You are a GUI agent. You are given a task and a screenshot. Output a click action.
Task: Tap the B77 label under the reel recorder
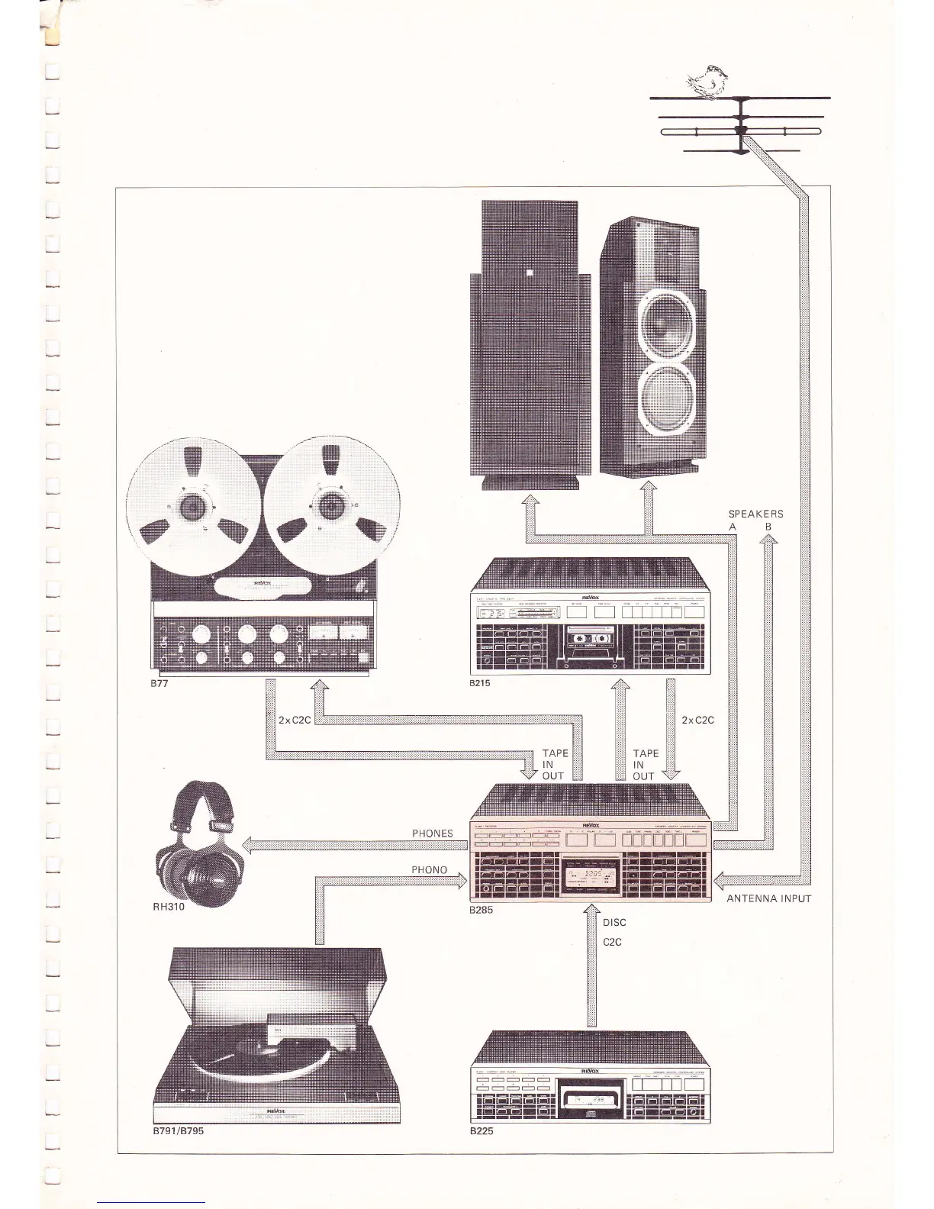click(x=158, y=683)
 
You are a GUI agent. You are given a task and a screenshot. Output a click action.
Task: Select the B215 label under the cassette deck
click(x=480, y=683)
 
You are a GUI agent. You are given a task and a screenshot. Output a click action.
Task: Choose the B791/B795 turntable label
click(x=178, y=1132)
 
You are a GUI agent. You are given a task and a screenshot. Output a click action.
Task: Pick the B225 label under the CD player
click(x=482, y=1132)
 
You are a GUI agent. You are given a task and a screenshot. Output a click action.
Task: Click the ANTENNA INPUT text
click(x=768, y=898)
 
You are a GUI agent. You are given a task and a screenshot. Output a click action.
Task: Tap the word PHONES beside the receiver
click(x=433, y=833)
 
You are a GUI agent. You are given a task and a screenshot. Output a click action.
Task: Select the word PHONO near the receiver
click(x=430, y=869)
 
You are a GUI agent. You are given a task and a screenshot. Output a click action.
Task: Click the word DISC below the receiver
click(x=614, y=923)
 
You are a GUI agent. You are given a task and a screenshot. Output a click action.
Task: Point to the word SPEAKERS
click(x=755, y=514)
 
